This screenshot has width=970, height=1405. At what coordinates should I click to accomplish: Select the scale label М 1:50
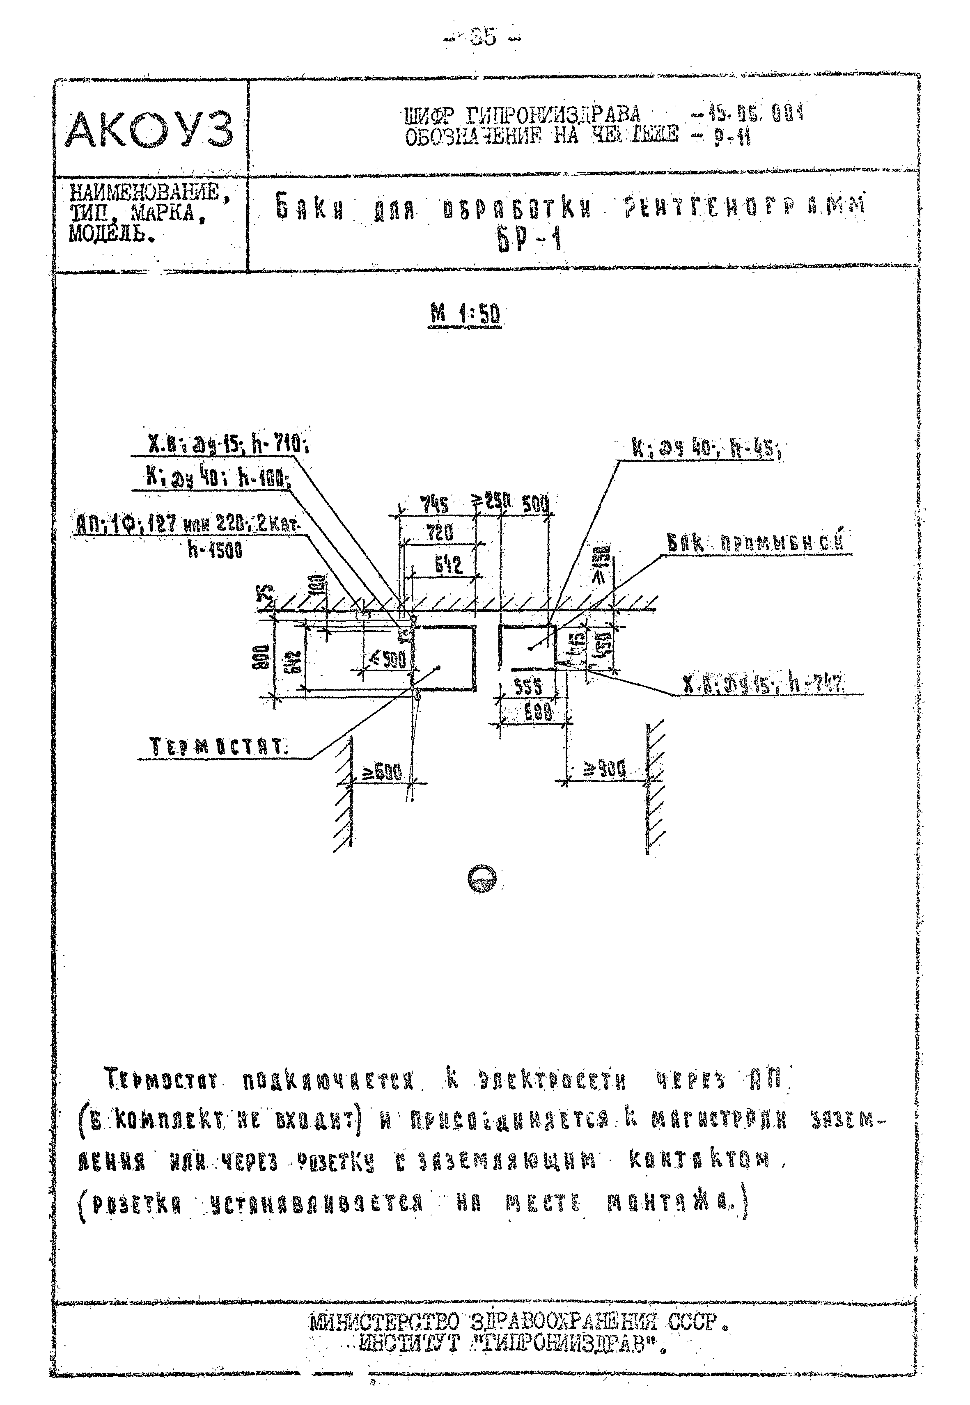465,313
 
